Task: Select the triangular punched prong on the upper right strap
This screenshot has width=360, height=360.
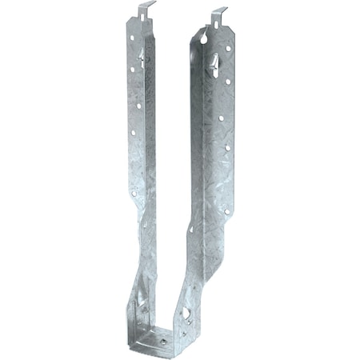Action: click(x=214, y=59)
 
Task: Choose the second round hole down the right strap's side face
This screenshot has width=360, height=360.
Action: click(x=229, y=81)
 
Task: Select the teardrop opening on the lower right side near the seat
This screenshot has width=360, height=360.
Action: click(x=185, y=312)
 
